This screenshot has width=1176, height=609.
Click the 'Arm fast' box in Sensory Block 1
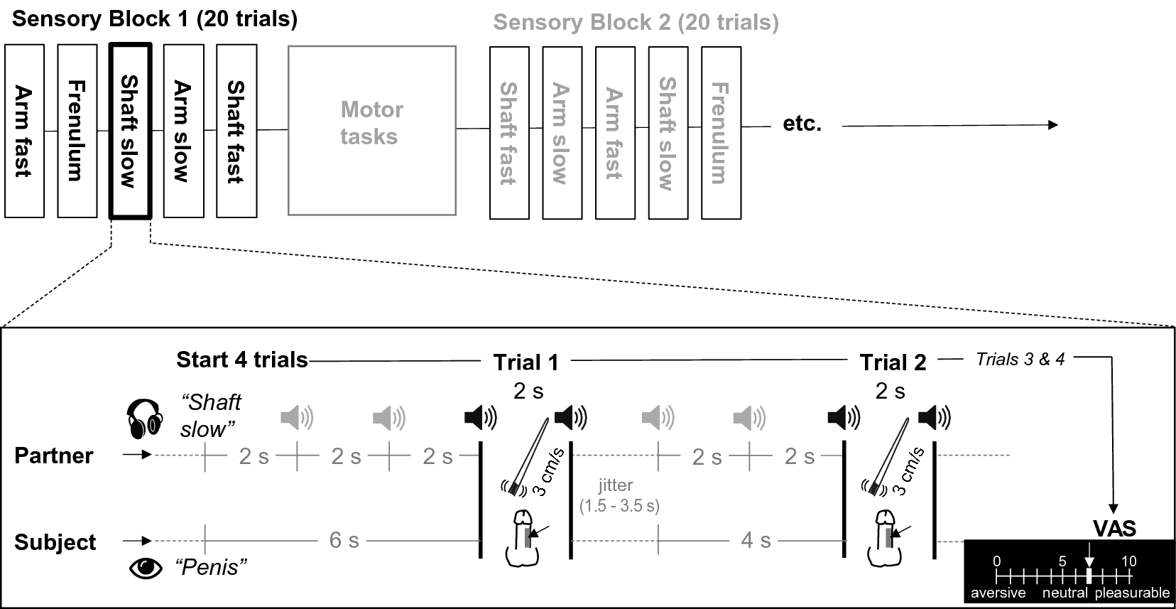24,131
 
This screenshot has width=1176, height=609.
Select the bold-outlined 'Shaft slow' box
130,131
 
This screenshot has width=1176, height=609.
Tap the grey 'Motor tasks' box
371,131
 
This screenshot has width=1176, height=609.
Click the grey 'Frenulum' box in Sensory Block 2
721,132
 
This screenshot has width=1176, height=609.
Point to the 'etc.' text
802,124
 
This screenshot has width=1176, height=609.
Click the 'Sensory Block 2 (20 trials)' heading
636,23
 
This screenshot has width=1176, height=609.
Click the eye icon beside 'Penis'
146,568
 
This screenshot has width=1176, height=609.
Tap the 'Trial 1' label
526,362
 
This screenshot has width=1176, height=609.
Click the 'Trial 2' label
893,362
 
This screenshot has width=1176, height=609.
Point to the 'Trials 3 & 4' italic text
1020,360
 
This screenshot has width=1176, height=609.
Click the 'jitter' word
615,485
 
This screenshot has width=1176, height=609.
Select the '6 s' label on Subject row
344,540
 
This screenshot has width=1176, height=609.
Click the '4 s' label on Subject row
756,540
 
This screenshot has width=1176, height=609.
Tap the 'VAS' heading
1114,529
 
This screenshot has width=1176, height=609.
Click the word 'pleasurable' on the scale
1132,593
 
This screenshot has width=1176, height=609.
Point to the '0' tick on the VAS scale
997,561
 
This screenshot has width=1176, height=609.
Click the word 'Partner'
54,456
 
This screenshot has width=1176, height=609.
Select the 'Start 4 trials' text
242,360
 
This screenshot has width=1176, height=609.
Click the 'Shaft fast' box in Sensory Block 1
236,131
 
